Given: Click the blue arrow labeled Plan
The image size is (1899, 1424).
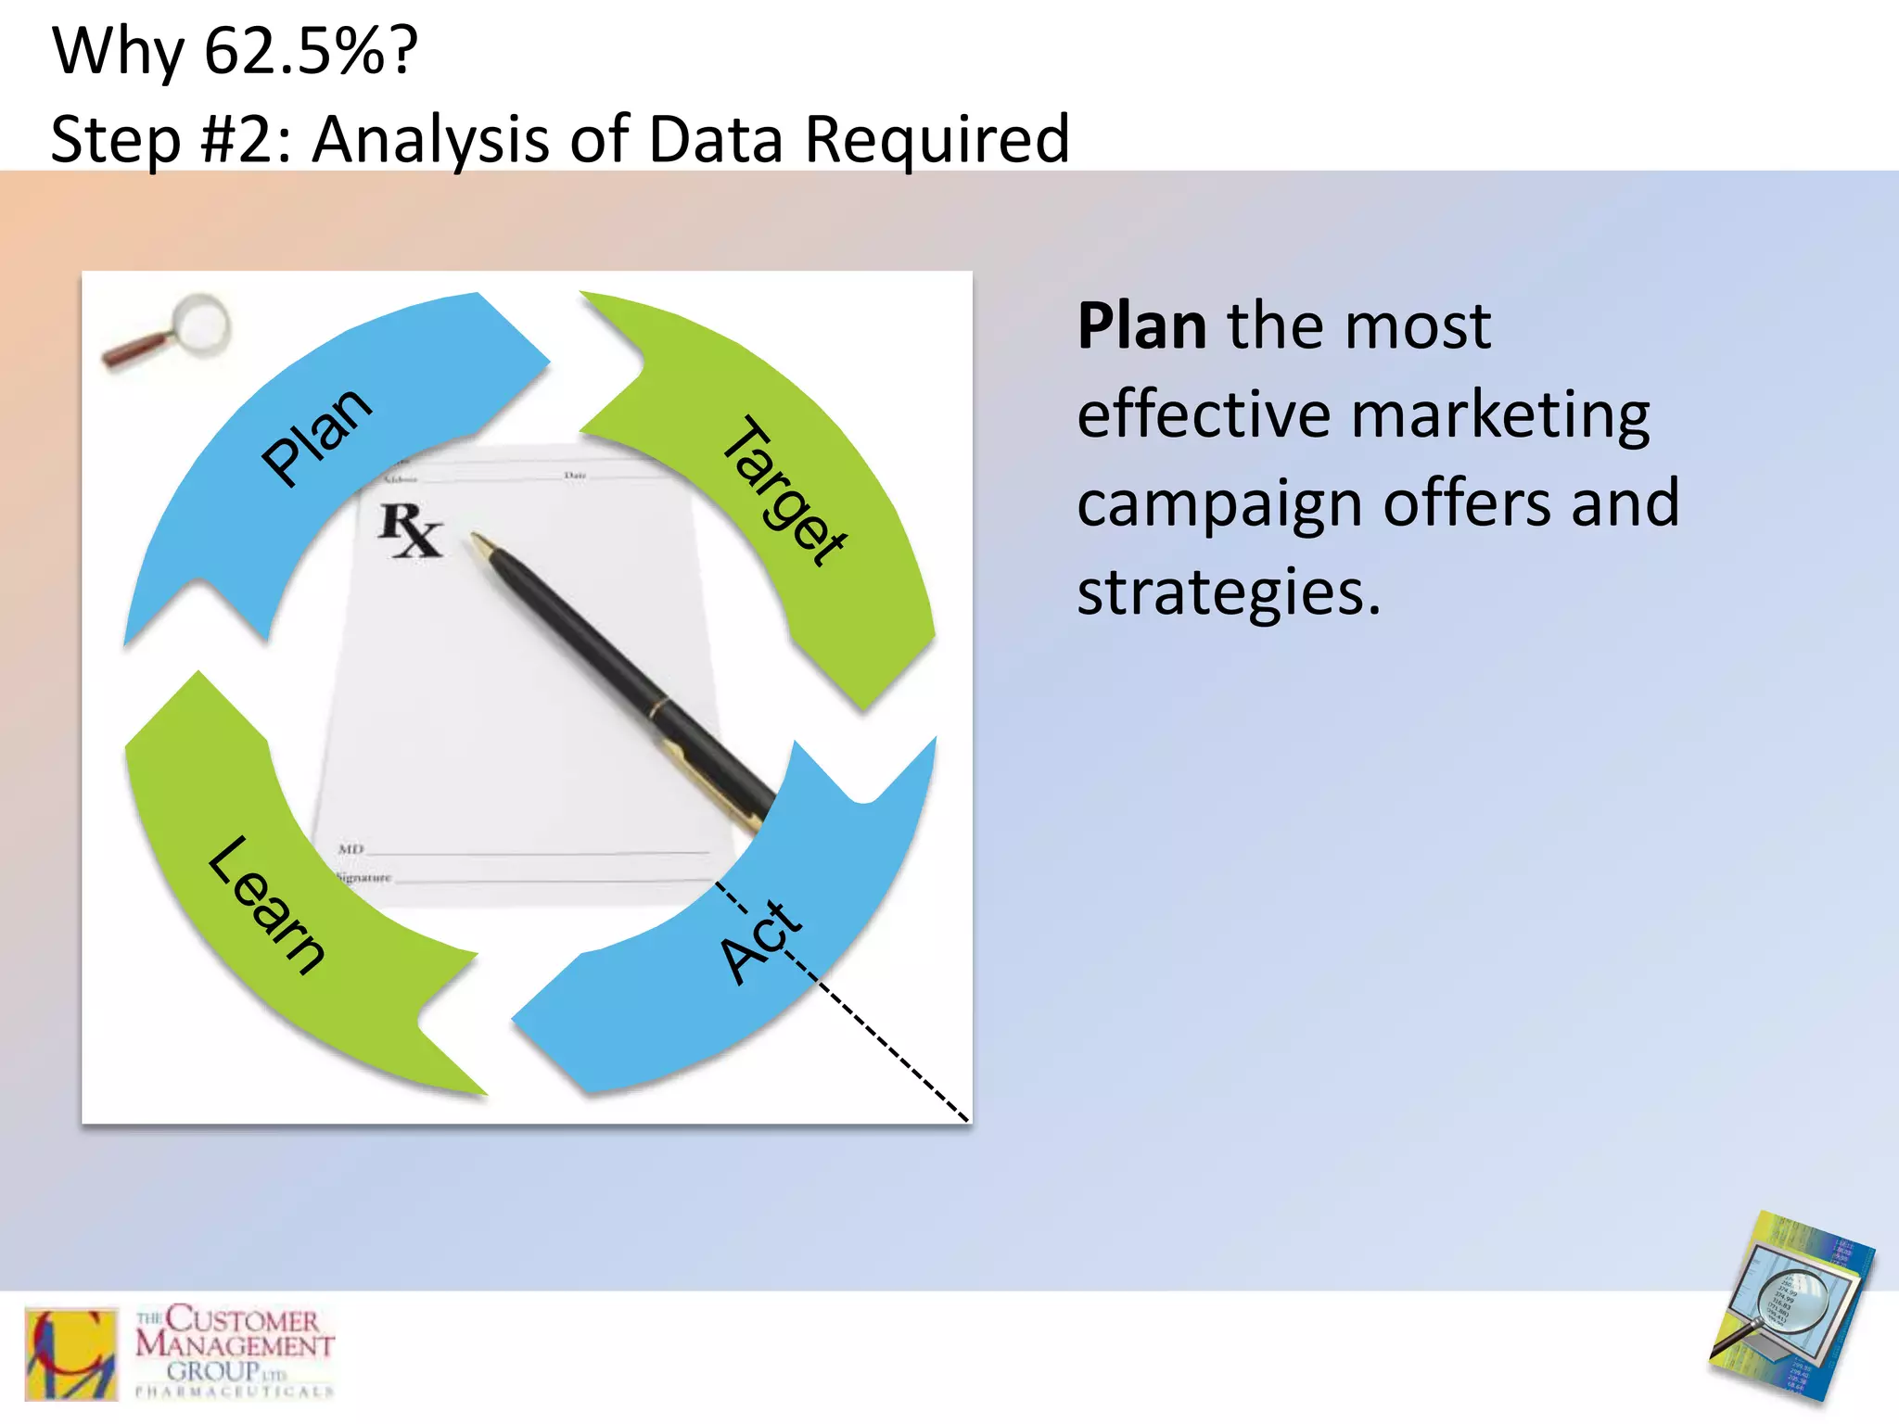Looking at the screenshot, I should point(315,436).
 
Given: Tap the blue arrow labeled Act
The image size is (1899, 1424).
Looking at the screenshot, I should point(760,946).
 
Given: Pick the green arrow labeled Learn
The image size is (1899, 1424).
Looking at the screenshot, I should point(264,904).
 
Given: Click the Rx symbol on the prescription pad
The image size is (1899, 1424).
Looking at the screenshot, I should point(410,530).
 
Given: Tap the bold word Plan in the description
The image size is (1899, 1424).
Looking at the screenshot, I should point(1141,326).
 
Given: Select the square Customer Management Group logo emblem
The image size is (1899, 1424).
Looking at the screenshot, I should point(71,1353).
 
